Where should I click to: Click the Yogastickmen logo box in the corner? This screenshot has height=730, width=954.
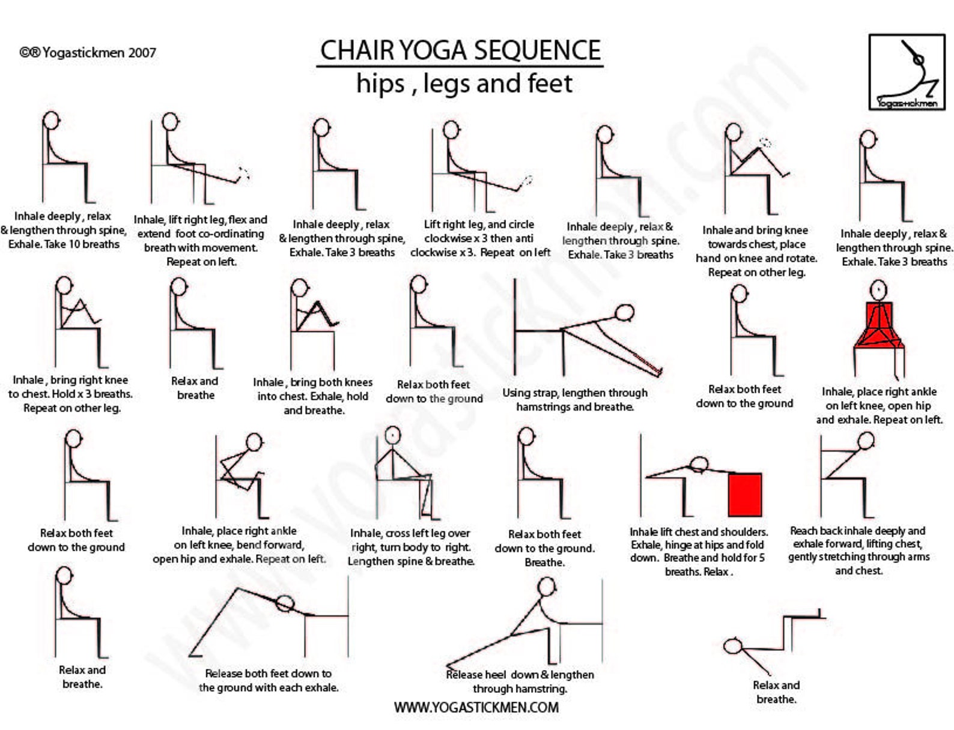pyautogui.click(x=907, y=72)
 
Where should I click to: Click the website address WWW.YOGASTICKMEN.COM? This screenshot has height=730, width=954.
pyautogui.click(x=476, y=707)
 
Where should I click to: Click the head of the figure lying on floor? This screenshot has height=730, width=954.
pyautogui.click(x=733, y=647)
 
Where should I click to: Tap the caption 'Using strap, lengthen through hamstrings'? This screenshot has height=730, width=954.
pyautogui.click(x=575, y=400)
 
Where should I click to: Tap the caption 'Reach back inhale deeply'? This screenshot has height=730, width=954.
pyautogui.click(x=858, y=531)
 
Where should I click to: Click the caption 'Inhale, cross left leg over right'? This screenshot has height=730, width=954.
pyautogui.click(x=410, y=533)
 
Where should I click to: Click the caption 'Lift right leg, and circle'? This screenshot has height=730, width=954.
pyautogui.click(x=479, y=225)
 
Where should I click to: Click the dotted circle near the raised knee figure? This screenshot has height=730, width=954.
pyautogui.click(x=765, y=143)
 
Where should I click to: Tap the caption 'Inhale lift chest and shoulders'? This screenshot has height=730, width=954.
pyautogui.click(x=698, y=532)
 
